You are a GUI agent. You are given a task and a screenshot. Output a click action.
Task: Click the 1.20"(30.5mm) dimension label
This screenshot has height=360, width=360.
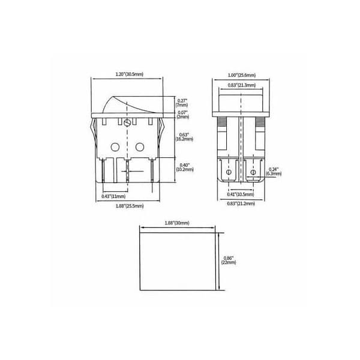click(x=129, y=74)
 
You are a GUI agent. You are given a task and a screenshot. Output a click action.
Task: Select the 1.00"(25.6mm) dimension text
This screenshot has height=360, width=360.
click(x=242, y=75)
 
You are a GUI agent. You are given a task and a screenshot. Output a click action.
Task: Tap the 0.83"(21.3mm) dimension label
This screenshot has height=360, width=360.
click(x=242, y=85)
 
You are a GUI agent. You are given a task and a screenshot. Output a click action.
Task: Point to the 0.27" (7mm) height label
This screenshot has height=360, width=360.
click(x=182, y=103)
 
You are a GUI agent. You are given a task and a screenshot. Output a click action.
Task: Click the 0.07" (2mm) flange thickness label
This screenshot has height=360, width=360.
click(x=183, y=115)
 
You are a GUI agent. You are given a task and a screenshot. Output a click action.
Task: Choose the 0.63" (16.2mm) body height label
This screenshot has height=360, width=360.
click(x=184, y=137)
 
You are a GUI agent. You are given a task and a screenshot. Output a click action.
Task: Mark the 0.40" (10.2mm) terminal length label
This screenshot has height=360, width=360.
click(x=185, y=167)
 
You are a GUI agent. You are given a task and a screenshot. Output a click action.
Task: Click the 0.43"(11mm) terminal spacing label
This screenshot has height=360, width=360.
click(x=113, y=197)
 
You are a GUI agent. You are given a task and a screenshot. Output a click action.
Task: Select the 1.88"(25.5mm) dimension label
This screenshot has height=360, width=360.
click(x=130, y=206)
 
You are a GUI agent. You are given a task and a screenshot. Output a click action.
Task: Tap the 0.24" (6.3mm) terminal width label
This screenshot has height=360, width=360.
click(x=274, y=172)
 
